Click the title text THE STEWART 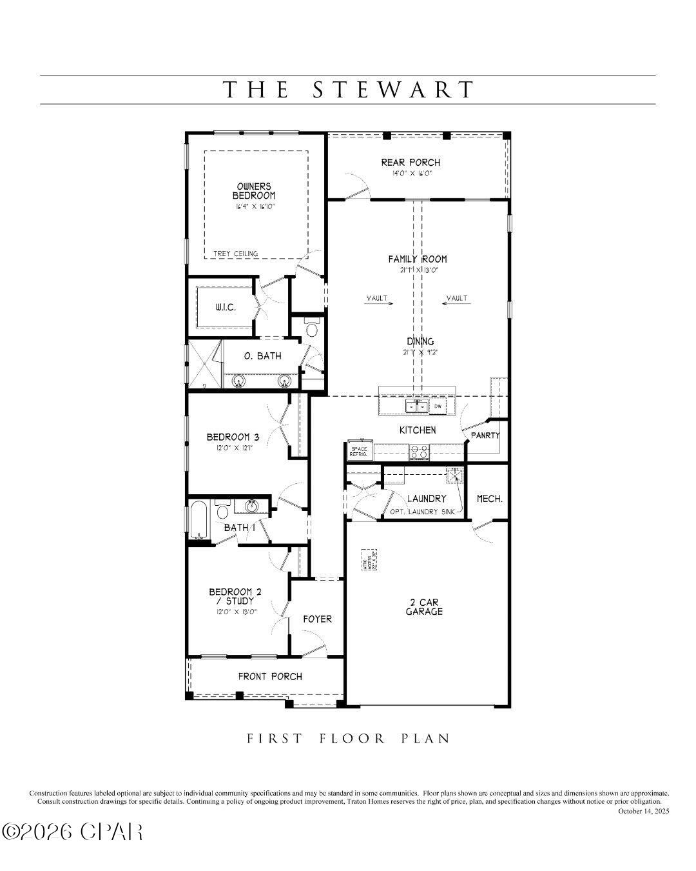tap(348, 90)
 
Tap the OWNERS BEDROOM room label tap(254, 191)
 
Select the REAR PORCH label tap(411, 163)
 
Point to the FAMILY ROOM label tap(417, 259)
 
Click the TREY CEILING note tap(236, 254)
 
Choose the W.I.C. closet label tap(226, 307)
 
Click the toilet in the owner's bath tap(312, 329)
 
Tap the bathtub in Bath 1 tap(198, 520)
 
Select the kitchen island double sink tap(416, 406)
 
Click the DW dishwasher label tap(438, 406)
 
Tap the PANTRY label tap(485, 435)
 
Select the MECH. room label tap(489, 499)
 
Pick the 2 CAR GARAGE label tap(424, 607)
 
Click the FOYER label tap(318, 619)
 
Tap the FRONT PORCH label tap(270, 676)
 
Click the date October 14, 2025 tap(643, 811)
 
